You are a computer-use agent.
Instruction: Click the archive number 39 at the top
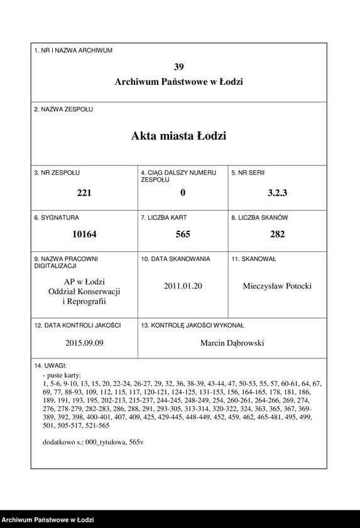pyautogui.click(x=179, y=67)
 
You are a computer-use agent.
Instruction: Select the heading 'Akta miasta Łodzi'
pyautogui.click(x=179, y=136)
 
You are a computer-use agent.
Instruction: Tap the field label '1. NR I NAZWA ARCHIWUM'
pyautogui.click(x=74, y=50)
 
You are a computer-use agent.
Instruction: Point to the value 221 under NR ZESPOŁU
pyautogui.click(x=84, y=193)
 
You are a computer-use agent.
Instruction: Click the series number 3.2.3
pyautogui.click(x=277, y=193)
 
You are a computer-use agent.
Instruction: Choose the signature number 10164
pyautogui.click(x=84, y=234)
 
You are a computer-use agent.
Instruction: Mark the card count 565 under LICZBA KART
pyautogui.click(x=183, y=234)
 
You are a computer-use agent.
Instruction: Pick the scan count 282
pyautogui.click(x=277, y=234)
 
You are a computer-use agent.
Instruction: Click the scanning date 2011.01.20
pyautogui.click(x=183, y=286)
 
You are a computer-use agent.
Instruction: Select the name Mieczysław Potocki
pyautogui.click(x=277, y=286)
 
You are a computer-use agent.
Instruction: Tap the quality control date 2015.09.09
pyautogui.click(x=84, y=343)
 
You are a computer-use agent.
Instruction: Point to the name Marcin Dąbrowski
pyautogui.click(x=232, y=343)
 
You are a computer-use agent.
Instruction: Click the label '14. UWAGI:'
pyautogui.click(x=51, y=365)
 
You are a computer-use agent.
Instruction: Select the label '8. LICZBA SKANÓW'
pyautogui.click(x=259, y=217)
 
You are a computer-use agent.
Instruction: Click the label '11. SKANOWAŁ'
pyautogui.click(x=254, y=259)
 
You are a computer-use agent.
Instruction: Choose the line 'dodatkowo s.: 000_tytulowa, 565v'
pyautogui.click(x=93, y=442)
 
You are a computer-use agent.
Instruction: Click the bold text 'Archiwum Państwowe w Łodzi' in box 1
pyautogui.click(x=179, y=82)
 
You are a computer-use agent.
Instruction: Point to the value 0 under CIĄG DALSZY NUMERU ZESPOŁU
pyautogui.click(x=183, y=193)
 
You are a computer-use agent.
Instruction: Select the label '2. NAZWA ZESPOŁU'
pyautogui.click(x=63, y=109)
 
